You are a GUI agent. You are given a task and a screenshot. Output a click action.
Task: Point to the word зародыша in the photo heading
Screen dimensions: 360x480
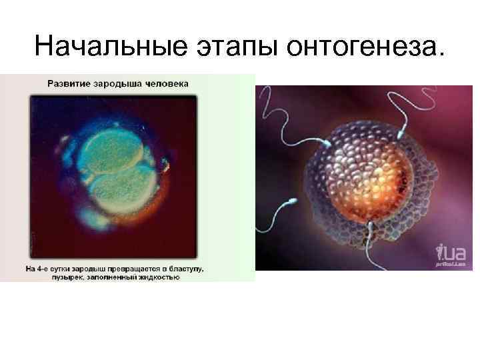[x=121, y=84]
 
